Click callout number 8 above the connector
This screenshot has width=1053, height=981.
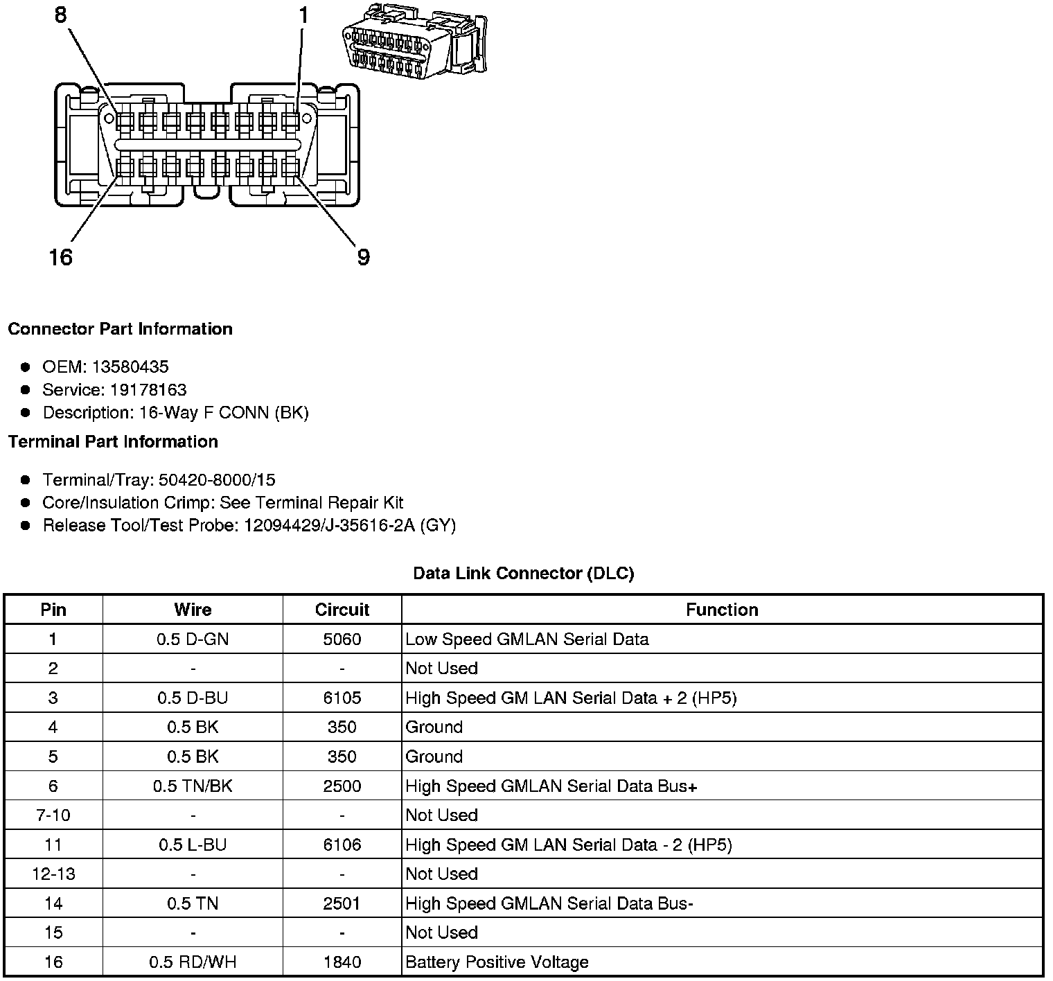click(61, 15)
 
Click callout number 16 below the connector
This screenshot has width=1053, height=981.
click(61, 258)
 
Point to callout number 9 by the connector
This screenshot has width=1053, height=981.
click(363, 258)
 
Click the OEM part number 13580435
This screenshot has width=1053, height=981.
click(130, 366)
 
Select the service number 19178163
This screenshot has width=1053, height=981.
click(148, 389)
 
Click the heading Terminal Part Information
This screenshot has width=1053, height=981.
click(113, 441)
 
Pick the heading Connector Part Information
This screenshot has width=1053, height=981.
click(120, 328)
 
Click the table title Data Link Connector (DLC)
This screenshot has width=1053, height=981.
click(523, 573)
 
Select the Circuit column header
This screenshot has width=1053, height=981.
click(342, 610)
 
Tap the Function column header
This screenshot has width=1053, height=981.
click(722, 610)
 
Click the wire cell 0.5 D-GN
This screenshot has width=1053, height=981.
click(193, 639)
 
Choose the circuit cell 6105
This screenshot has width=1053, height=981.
click(342, 698)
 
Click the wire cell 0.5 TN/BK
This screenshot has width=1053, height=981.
click(193, 786)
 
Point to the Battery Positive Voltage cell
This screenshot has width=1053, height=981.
click(497, 962)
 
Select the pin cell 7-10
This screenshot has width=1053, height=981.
click(53, 815)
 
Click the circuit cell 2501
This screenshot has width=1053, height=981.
click(342, 903)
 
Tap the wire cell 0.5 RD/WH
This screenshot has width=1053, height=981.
click(193, 962)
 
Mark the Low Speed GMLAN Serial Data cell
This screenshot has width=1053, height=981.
click(526, 639)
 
